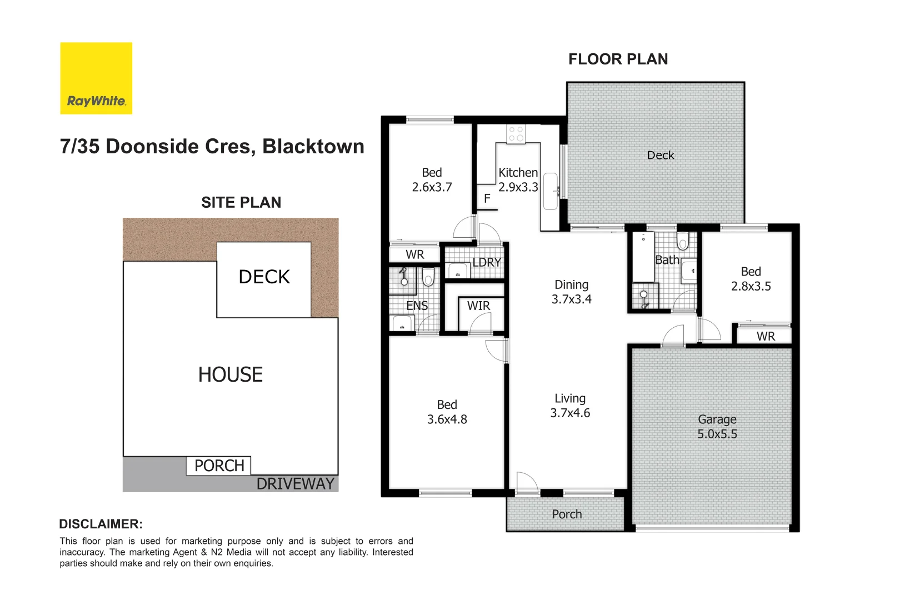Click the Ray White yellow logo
[96, 78]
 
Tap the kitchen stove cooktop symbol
[516, 134]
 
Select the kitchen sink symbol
[550, 191]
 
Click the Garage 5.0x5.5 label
[717, 427]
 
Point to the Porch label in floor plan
[567, 514]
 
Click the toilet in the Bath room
[683, 241]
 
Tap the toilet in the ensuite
[428, 277]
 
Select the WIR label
[478, 306]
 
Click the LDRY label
[487, 262]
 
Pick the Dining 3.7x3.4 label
[571, 292]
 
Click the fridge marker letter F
[487, 198]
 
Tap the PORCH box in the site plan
[219, 466]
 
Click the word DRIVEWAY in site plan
[295, 484]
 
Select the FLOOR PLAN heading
[618, 59]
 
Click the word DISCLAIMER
[101, 524]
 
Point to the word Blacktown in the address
[313, 147]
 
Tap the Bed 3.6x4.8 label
[447, 412]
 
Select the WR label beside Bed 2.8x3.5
[766, 336]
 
